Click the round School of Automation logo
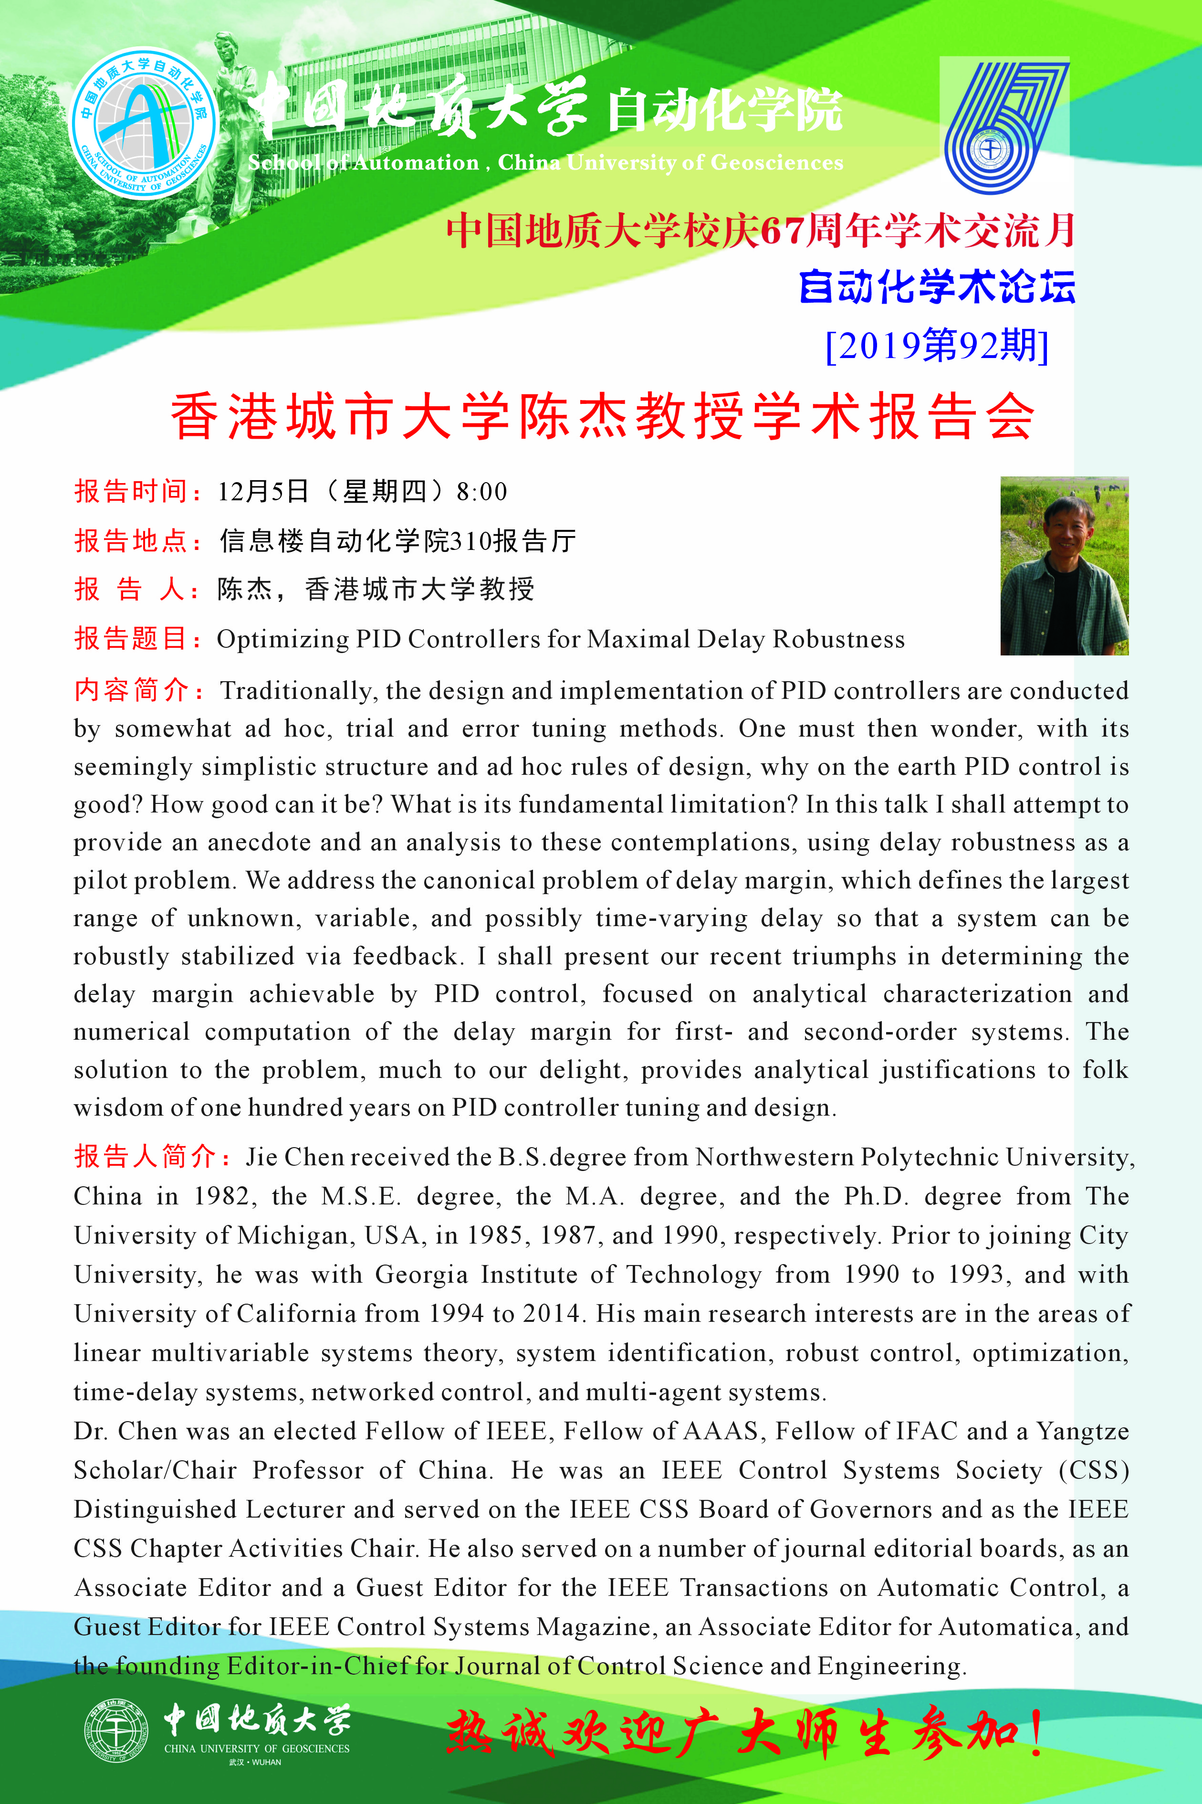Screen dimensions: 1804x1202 (143, 123)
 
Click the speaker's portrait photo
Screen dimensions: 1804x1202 (1064, 566)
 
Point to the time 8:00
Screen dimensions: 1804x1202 (481, 491)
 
